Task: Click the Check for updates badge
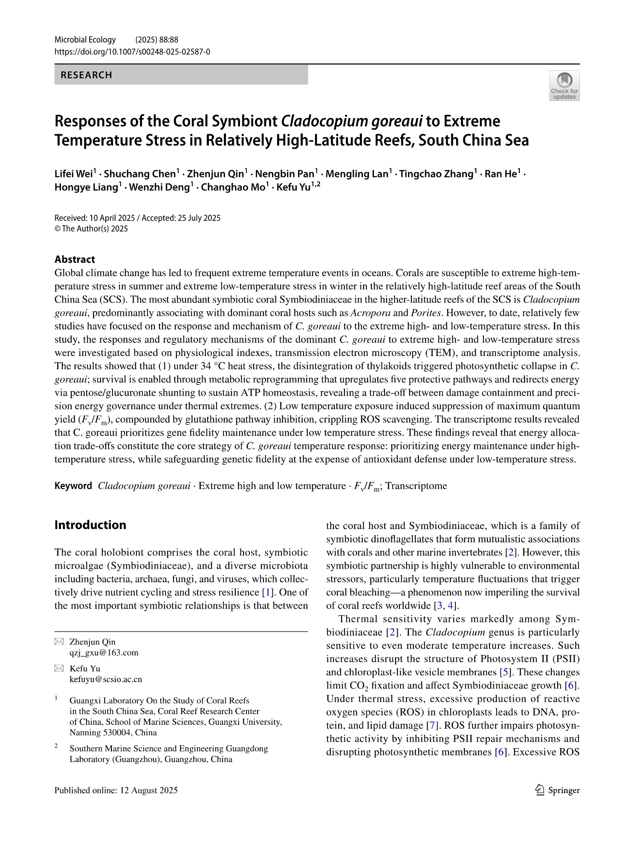(x=564, y=86)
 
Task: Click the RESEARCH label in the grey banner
(x=87, y=75)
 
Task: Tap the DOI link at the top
(x=132, y=52)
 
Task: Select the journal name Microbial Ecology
(x=85, y=40)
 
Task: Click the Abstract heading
(x=75, y=259)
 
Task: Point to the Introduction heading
(x=90, y=525)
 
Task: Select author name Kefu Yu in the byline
(x=293, y=188)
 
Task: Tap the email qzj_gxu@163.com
(x=104, y=653)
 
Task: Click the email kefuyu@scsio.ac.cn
(x=106, y=679)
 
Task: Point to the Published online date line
(x=116, y=790)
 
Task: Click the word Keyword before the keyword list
(x=73, y=486)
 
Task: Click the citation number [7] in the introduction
(x=430, y=725)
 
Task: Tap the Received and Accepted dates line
(x=137, y=218)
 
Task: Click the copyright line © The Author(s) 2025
(x=91, y=229)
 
